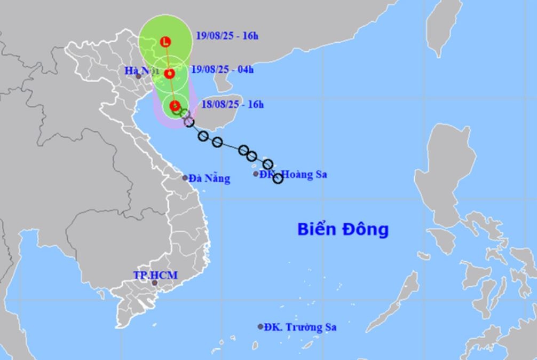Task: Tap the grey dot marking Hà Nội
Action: click(x=139, y=76)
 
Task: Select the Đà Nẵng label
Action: click(x=210, y=178)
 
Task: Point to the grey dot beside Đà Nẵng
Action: click(x=185, y=178)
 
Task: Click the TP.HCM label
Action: click(x=155, y=275)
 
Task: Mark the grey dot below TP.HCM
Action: click(x=155, y=283)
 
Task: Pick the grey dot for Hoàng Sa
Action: click(x=256, y=174)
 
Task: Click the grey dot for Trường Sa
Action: click(x=260, y=326)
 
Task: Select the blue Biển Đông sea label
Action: click(x=343, y=230)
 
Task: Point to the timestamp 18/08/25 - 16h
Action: click(x=233, y=104)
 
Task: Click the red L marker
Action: click(x=167, y=41)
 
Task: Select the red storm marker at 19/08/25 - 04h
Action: click(x=170, y=74)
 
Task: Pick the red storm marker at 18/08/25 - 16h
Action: click(x=175, y=105)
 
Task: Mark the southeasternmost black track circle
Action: click(x=278, y=178)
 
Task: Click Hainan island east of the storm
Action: click(x=216, y=118)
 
